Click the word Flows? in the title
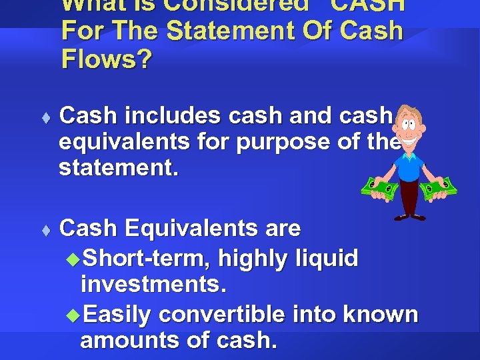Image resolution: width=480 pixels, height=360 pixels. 106,59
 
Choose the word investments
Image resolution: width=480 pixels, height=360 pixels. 154,285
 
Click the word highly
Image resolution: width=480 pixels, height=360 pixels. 252,257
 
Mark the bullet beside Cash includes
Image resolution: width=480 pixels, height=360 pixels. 45,117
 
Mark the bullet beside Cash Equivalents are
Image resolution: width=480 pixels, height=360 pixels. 45,231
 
